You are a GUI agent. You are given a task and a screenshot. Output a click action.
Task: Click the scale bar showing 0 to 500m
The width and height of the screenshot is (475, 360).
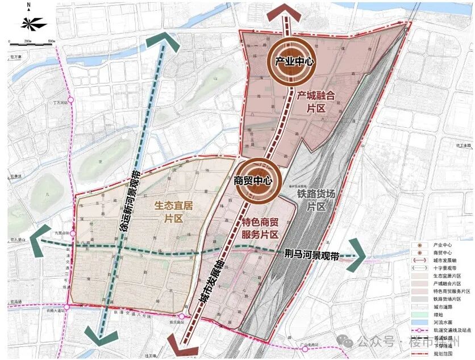(x=32, y=43)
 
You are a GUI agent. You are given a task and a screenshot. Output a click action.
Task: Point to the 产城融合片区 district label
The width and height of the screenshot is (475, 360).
(x=314, y=102)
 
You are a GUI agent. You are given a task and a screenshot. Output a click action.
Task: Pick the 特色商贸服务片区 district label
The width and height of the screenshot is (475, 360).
(x=260, y=228)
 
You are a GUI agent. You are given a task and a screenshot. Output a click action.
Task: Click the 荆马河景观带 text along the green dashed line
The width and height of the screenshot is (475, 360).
(x=310, y=256)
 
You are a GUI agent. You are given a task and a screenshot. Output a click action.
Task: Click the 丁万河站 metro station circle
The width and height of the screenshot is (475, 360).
(x=72, y=103)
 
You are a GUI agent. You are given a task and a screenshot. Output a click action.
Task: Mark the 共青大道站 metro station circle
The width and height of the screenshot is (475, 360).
(x=66, y=307)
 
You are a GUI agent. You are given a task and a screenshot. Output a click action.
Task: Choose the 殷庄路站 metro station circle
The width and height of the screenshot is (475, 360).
(x=181, y=317)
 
